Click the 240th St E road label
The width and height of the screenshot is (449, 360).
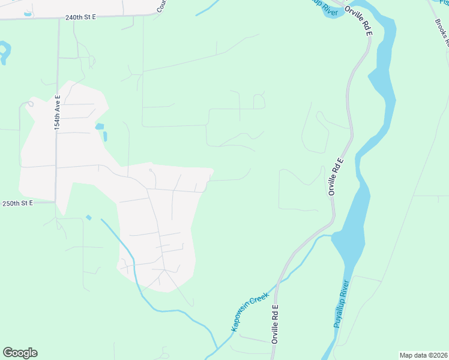81,17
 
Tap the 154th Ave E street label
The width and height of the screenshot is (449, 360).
58,113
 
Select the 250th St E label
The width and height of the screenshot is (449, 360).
19,203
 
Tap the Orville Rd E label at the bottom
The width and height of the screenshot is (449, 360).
276,324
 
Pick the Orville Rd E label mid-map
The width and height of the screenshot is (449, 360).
336,176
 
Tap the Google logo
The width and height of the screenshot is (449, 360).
20,353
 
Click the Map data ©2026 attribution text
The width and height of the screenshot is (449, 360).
423,355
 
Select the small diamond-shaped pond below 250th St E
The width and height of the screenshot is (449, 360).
89,217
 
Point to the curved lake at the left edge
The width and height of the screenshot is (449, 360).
5,52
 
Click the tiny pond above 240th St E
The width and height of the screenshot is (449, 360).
28,13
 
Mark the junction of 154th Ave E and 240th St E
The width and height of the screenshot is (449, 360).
58,19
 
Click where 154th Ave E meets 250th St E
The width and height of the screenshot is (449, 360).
55,202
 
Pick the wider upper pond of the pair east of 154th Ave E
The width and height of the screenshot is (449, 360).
99,127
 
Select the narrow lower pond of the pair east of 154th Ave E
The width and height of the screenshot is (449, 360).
105,136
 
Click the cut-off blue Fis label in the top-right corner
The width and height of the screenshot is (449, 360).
443,3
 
